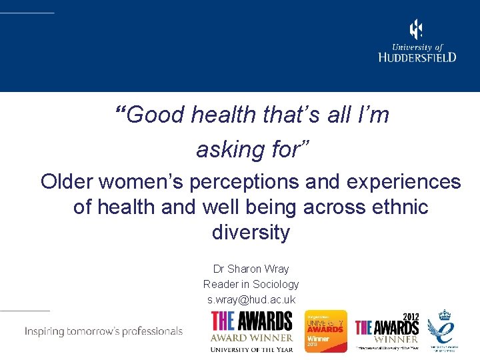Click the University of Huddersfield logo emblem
[416, 29]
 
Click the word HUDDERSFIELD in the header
[417, 57]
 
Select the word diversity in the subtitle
[251, 232]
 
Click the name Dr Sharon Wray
[251, 269]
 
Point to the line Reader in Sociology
[251, 284]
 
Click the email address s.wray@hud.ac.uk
[251, 299]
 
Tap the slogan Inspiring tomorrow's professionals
[103, 331]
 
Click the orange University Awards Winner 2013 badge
[326, 331]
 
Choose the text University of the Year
[251, 349]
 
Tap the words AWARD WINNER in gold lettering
[251, 337]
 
